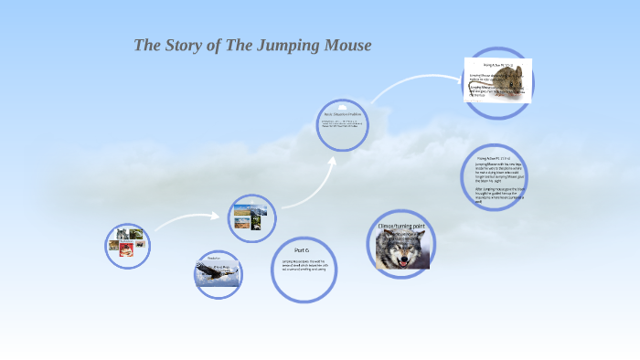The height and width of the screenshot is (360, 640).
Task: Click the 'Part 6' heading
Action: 303,249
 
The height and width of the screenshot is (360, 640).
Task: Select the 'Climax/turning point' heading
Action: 401,225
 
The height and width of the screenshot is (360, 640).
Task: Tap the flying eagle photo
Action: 217,271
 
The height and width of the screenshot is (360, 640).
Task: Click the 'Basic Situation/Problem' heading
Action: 343,113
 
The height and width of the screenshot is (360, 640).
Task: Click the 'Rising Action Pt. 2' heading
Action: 497,157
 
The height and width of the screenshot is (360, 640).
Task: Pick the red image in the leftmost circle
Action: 125,249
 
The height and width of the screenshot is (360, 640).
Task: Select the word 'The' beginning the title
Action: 147,45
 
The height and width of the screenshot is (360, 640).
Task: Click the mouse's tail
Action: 485,92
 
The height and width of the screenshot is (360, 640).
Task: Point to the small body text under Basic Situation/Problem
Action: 342,124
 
